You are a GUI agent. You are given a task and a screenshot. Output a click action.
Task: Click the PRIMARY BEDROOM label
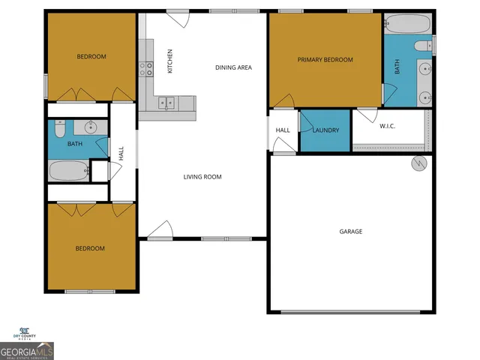pyautogui.click(x=325, y=60)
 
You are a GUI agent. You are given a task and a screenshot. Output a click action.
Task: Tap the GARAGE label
pyautogui.click(x=350, y=232)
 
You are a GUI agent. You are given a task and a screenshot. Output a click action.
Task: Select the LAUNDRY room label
pyautogui.click(x=325, y=130)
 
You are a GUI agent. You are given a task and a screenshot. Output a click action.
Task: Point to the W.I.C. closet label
pyautogui.click(x=387, y=126)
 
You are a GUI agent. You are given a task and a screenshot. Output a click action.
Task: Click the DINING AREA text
pyautogui.click(x=233, y=67)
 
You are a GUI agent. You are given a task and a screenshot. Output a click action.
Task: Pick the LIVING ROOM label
pyautogui.click(x=202, y=177)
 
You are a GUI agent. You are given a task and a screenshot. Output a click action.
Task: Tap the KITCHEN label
pyautogui.click(x=170, y=61)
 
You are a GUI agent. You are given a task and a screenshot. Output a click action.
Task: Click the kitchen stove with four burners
pyautogui.click(x=145, y=69)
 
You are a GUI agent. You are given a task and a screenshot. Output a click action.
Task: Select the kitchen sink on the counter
pyautogui.click(x=166, y=103)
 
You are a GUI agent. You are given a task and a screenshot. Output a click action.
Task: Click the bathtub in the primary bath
pyautogui.click(x=407, y=25)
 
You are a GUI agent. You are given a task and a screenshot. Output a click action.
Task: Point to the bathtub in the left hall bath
pyautogui.click(x=69, y=171)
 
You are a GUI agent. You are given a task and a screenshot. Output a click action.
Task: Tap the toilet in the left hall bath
pyautogui.click(x=61, y=127)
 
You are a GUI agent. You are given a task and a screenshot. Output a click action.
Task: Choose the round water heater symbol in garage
pyautogui.click(x=418, y=164)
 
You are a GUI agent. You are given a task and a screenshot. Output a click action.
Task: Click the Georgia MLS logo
pyautogui.click(x=27, y=350)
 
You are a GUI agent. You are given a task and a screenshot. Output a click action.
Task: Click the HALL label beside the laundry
pyautogui.click(x=283, y=130)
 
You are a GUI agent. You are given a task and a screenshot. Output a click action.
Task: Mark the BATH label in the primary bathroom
pyautogui.click(x=397, y=67)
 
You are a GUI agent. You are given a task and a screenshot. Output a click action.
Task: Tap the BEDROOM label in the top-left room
pyautogui.click(x=91, y=57)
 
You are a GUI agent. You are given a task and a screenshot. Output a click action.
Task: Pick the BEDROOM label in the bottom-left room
pyautogui.click(x=90, y=248)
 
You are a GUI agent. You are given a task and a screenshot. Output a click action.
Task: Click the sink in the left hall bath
pyautogui.click(x=89, y=126)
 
